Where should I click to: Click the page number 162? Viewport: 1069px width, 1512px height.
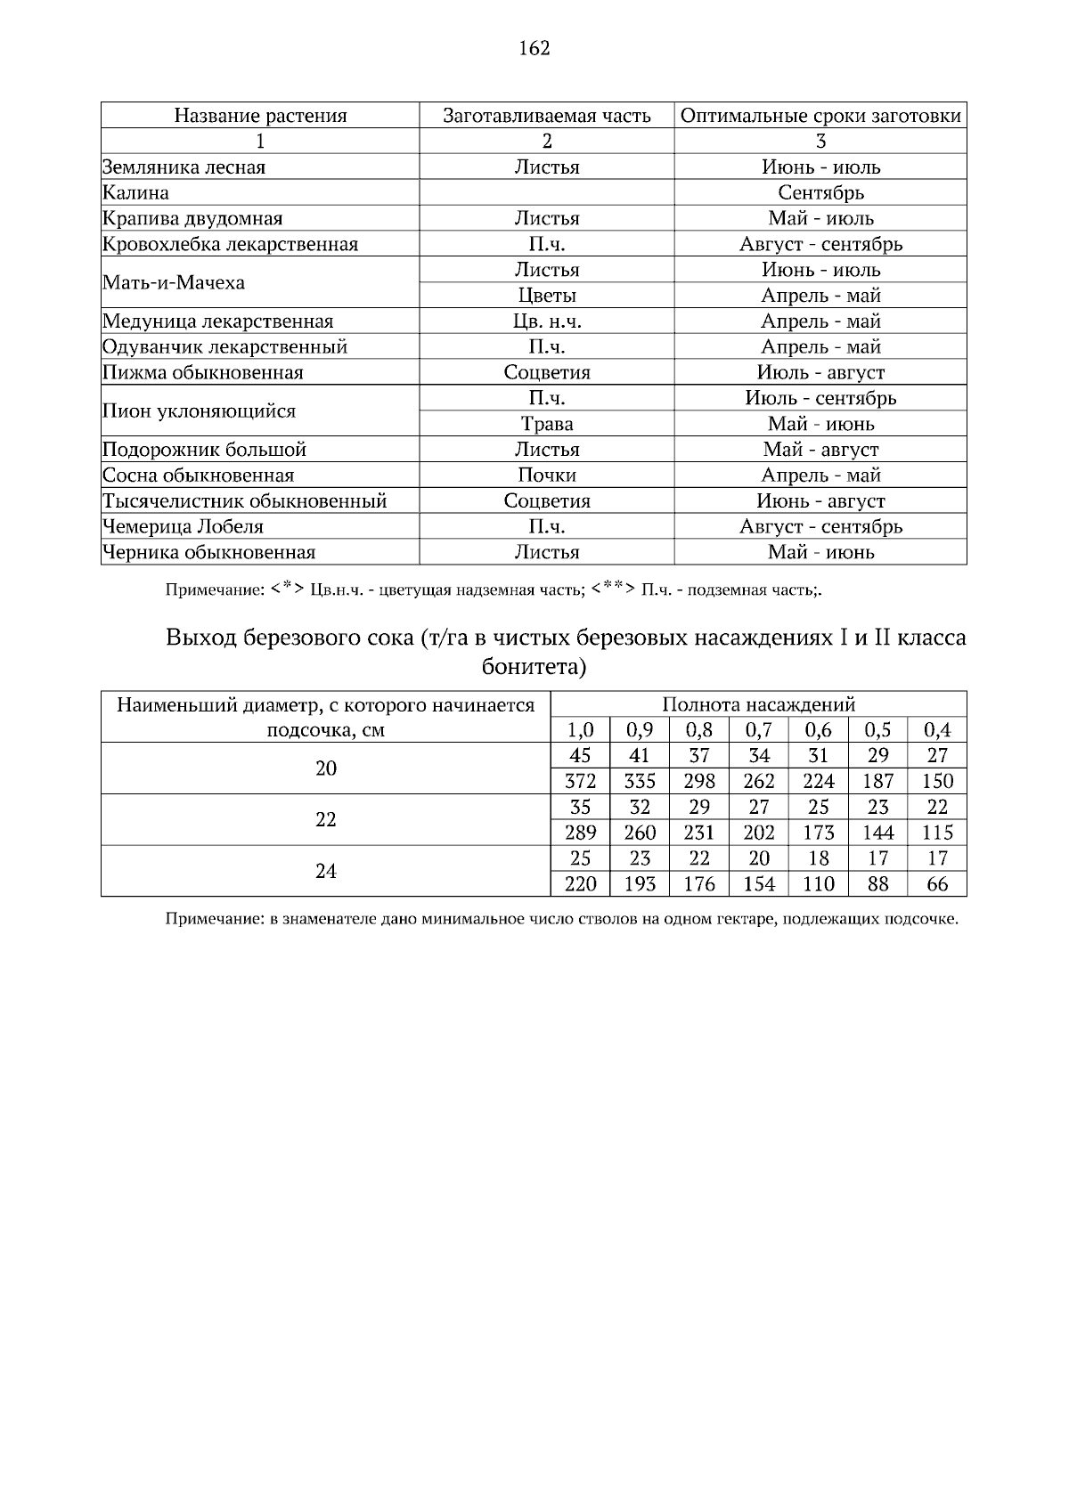point(534,48)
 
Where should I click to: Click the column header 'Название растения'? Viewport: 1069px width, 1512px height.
point(260,116)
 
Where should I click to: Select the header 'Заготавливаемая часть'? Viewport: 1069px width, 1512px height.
point(547,116)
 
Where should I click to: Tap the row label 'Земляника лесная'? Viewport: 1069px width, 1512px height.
point(184,167)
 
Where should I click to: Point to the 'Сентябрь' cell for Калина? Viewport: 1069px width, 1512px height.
point(820,193)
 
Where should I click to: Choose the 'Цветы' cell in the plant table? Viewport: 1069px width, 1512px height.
point(547,296)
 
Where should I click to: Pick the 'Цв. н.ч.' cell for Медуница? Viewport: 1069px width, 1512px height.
point(547,321)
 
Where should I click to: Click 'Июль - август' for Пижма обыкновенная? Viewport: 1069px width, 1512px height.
point(820,373)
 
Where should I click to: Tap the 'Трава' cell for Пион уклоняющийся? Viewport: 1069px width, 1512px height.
point(547,424)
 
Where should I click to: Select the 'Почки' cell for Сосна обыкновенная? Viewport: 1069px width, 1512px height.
point(547,476)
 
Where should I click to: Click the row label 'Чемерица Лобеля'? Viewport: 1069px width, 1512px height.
point(184,527)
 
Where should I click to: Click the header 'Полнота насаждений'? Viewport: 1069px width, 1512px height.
point(758,705)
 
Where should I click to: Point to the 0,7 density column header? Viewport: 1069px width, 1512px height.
point(759,731)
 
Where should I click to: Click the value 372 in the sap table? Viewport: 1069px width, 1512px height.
point(581,782)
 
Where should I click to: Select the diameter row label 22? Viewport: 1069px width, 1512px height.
point(326,820)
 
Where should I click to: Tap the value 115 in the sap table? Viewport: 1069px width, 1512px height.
point(937,833)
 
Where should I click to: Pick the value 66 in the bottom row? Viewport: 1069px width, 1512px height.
point(937,885)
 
